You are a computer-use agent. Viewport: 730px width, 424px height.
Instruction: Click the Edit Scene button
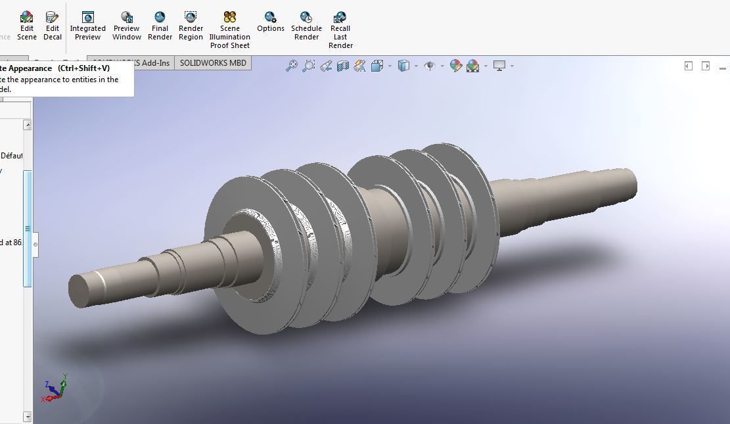pos(26,25)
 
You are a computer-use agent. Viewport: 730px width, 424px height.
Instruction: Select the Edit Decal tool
pos(53,25)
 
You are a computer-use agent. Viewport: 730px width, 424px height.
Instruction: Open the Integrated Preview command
pos(87,25)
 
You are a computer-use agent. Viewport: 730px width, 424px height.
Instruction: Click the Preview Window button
pos(126,25)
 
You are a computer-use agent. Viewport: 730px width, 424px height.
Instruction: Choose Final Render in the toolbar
pos(160,25)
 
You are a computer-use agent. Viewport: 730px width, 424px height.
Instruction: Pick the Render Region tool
pos(191,25)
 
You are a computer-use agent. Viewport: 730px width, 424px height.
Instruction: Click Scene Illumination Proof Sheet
pos(229,30)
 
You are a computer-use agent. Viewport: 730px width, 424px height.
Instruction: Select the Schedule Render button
pos(306,25)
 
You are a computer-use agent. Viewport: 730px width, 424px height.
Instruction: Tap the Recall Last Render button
pos(340,30)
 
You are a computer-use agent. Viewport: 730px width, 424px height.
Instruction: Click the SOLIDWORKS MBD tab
pos(213,63)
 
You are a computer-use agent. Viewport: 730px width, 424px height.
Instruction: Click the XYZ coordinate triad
pos(55,389)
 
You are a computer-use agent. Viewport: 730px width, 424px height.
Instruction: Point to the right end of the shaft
pos(627,182)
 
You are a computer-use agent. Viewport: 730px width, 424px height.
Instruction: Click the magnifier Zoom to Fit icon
pos(291,66)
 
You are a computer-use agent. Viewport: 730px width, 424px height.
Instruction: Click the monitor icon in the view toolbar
pos(499,66)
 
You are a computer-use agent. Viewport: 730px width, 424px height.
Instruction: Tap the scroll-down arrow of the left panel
pos(27,417)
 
